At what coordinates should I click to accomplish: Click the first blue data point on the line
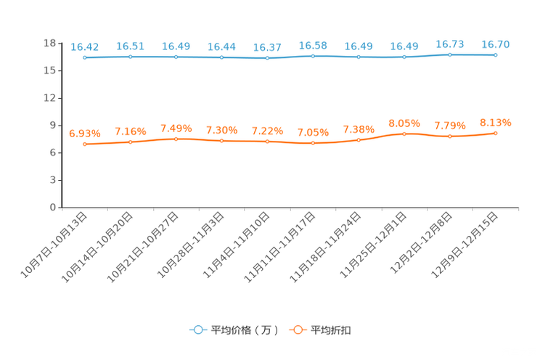click(85, 57)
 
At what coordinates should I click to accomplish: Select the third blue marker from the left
click(176, 57)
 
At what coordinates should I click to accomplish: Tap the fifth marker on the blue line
click(267, 58)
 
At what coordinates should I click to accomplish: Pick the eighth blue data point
click(404, 57)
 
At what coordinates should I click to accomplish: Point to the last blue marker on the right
click(496, 54)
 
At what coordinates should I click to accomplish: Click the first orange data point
click(85, 144)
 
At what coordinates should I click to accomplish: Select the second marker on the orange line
click(131, 142)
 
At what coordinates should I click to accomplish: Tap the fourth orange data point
click(221, 141)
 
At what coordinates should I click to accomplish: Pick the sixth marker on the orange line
click(313, 144)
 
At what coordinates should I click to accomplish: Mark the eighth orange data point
click(404, 134)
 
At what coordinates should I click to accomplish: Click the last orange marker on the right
click(496, 133)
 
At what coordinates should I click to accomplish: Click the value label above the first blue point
click(85, 46)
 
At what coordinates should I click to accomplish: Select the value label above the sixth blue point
click(313, 45)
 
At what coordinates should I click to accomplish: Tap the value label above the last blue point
click(496, 44)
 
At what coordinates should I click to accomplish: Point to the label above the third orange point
click(176, 128)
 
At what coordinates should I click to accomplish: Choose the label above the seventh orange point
click(359, 129)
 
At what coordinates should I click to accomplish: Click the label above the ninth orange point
click(450, 126)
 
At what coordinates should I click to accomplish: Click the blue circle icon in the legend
click(197, 330)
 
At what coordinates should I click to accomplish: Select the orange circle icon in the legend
click(297, 330)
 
